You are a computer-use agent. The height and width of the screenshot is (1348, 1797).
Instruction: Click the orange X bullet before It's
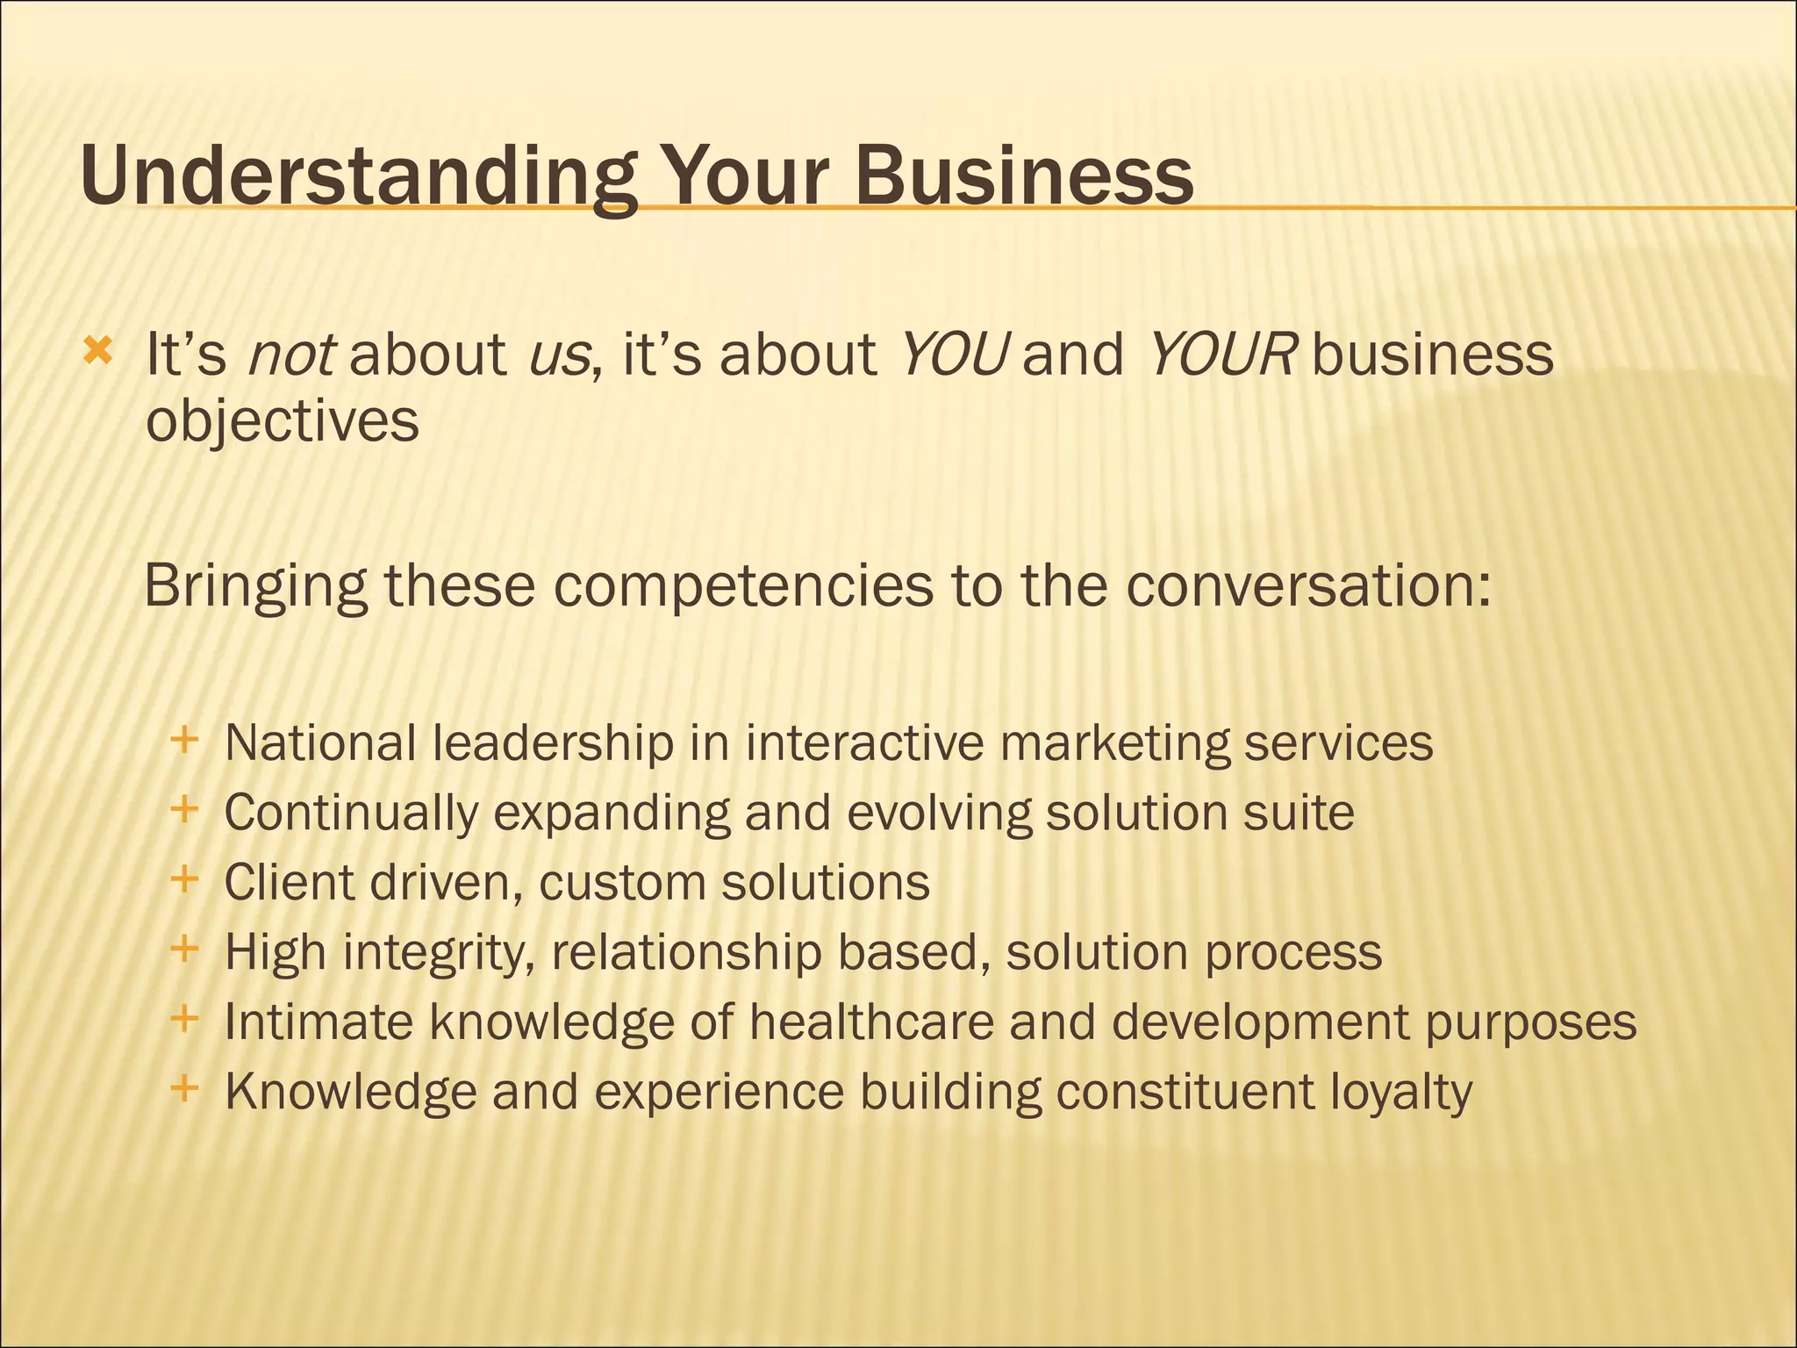97,352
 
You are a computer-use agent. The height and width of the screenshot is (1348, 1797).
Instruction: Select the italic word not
290,355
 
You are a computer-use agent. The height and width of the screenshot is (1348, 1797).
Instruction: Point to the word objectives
283,423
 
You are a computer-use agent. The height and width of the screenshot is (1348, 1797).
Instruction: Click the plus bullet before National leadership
184,740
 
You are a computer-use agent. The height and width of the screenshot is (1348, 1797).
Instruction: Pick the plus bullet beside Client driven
184,878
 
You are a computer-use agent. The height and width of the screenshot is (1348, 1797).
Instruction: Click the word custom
622,883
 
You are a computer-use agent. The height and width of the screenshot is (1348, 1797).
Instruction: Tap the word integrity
438,953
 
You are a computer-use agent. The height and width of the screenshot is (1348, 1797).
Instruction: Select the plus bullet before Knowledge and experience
184,1089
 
